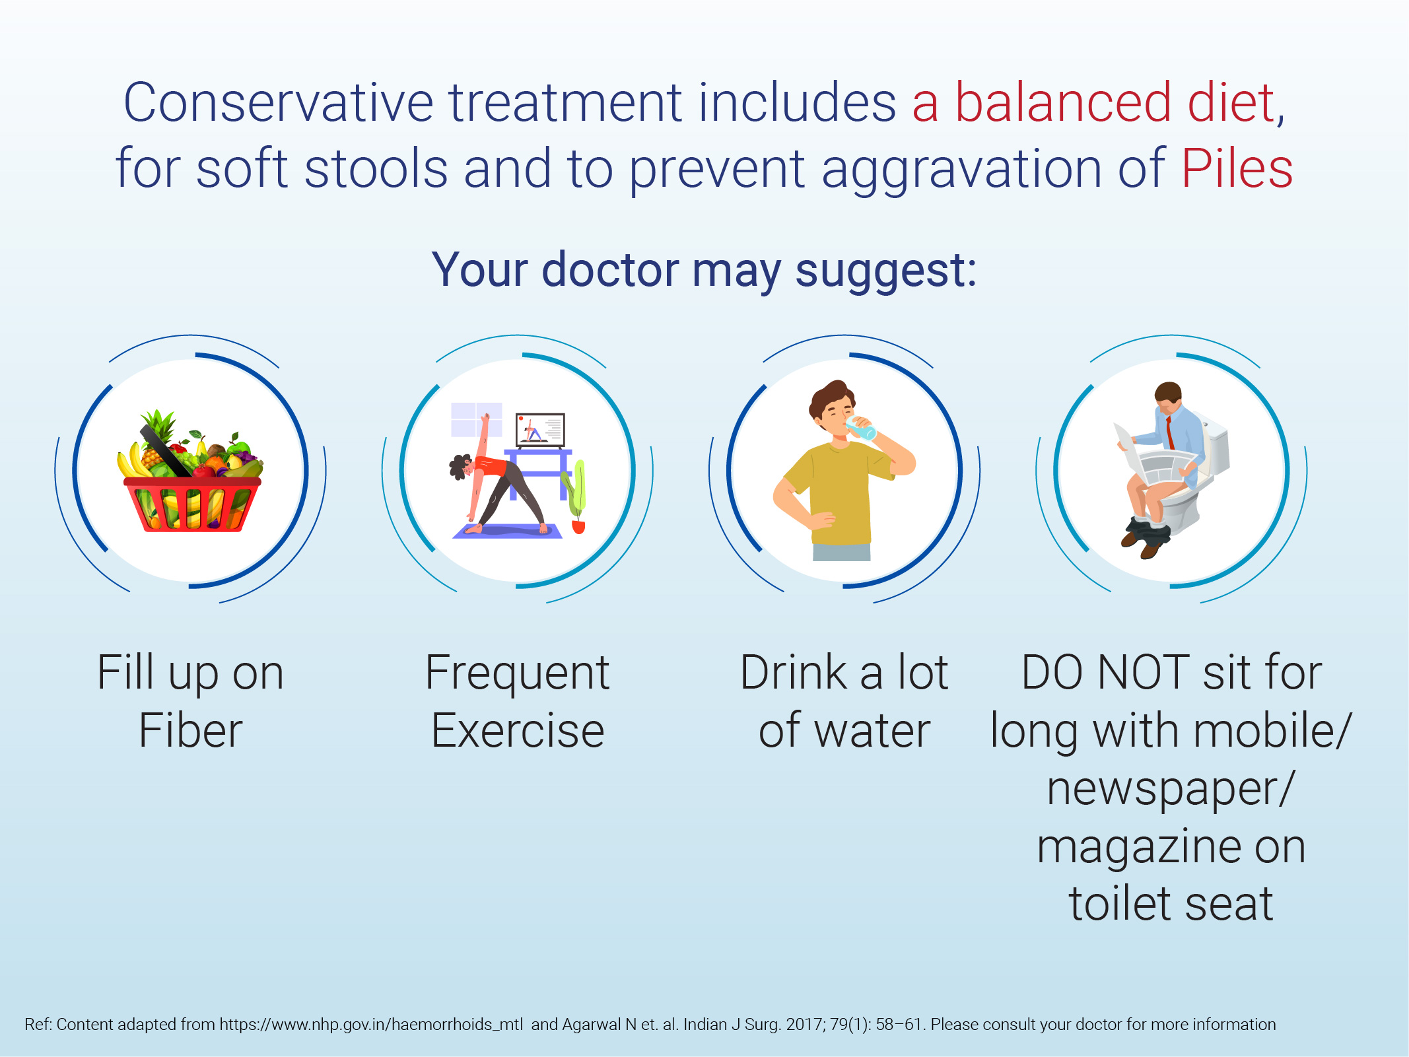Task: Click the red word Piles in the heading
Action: (1237, 168)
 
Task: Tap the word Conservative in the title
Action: (278, 102)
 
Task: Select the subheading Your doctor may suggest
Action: (704, 270)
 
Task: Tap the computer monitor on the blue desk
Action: (540, 430)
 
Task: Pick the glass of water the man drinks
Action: (861, 428)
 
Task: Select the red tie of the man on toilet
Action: (1169, 432)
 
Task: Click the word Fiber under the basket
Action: (191, 731)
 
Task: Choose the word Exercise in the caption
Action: (518, 731)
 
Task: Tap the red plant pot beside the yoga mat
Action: (578, 527)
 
